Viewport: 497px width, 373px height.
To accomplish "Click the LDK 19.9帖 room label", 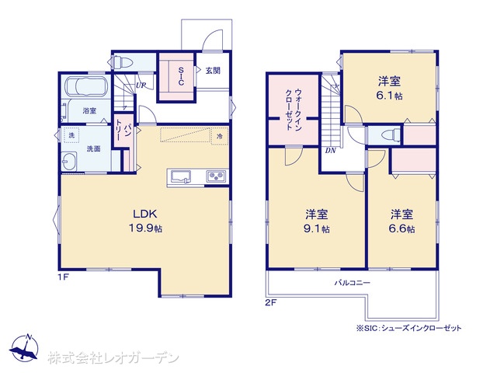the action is click(x=145, y=221).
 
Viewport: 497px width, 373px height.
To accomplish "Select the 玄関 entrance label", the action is click(x=213, y=71).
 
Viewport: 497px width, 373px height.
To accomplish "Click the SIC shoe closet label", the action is click(x=181, y=76).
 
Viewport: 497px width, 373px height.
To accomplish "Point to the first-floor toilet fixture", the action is click(x=122, y=62).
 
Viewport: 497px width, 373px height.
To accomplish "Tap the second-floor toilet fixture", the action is click(x=390, y=135).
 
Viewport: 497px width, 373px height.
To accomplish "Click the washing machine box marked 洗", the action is click(x=71, y=134).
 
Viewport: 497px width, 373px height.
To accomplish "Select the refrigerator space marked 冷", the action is click(x=220, y=136).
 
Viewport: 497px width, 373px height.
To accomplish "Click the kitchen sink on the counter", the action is click(x=181, y=176).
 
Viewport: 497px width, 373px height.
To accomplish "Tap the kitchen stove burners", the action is click(x=217, y=176).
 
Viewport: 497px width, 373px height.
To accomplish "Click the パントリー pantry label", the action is click(x=123, y=130).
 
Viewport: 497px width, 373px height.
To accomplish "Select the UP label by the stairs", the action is click(x=141, y=85).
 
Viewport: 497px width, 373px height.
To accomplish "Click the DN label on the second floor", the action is click(x=330, y=151).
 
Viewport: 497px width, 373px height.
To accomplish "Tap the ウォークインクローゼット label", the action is click(x=294, y=110).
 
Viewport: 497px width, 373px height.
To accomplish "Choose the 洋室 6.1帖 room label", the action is click(x=390, y=88).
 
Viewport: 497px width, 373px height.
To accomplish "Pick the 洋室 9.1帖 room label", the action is click(x=317, y=221).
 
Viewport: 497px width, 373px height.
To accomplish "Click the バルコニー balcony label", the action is click(x=353, y=283).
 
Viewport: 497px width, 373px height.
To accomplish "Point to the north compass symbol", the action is click(x=24, y=347).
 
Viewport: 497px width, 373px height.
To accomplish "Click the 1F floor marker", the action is click(x=64, y=277).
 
